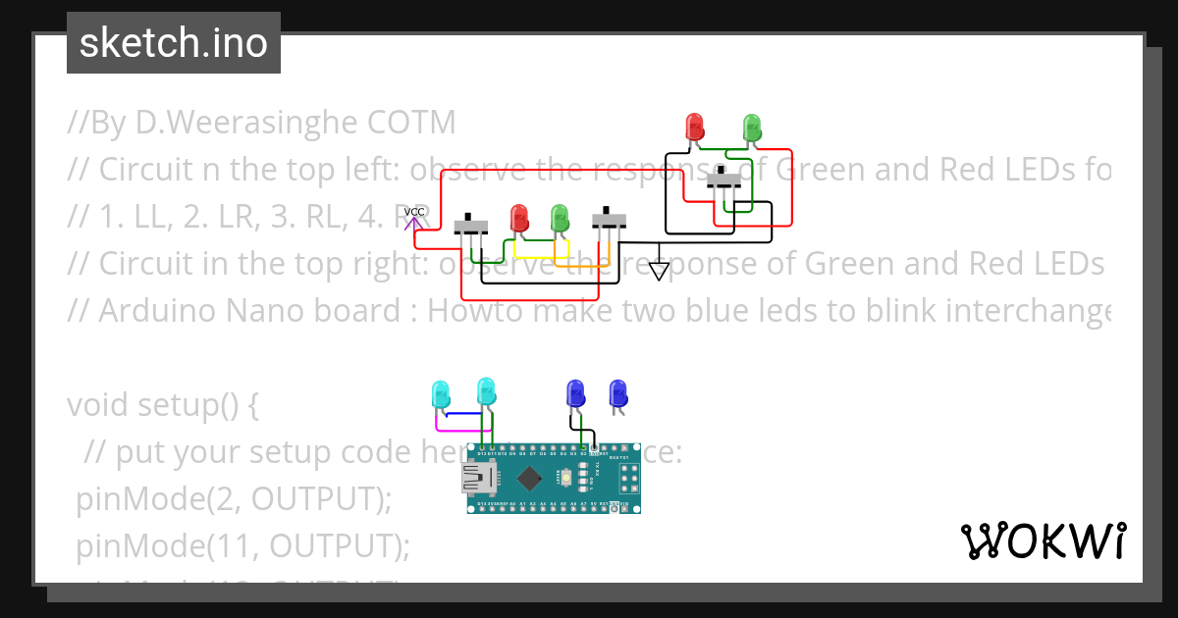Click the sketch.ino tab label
pyautogui.click(x=173, y=43)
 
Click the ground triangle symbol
pyautogui.click(x=660, y=269)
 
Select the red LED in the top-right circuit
pyautogui.click(x=694, y=127)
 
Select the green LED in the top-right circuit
pyautogui.click(x=752, y=127)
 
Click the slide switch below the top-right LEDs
pyautogui.click(x=724, y=179)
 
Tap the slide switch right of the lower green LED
pyautogui.click(x=610, y=221)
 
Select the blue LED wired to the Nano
pyautogui.click(x=574, y=392)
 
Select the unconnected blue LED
pyautogui.click(x=617, y=392)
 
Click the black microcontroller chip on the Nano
pyautogui.click(x=529, y=479)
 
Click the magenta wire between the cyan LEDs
pyautogui.click(x=461, y=429)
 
